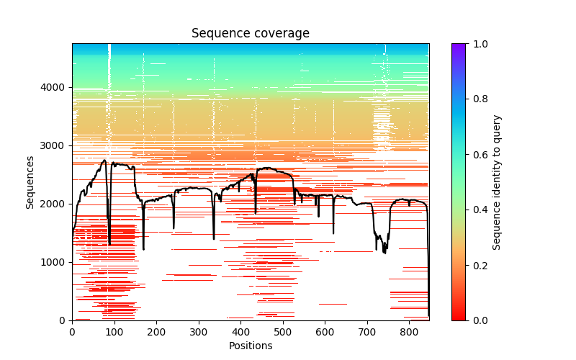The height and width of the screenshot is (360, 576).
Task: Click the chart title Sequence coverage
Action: click(250, 34)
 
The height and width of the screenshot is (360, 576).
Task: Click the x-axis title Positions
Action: click(250, 346)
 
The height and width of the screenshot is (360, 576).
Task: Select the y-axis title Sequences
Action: click(30, 181)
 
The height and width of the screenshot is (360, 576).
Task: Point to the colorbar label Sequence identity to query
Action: click(497, 181)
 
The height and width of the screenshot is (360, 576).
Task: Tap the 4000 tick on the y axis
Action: click(58, 87)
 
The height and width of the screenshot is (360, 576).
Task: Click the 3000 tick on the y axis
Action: click(58, 145)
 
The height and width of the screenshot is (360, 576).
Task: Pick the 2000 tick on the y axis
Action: click(58, 204)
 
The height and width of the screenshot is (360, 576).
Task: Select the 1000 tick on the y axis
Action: click(58, 262)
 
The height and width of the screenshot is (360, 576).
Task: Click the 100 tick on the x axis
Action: click(114, 332)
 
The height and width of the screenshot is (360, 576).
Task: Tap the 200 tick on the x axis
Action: click(156, 332)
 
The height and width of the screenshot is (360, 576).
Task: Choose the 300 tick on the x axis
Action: click(198, 332)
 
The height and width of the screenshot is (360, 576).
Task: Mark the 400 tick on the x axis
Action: click(240, 332)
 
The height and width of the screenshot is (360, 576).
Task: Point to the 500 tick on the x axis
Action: click(282, 332)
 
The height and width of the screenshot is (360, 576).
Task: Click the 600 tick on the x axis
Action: click(325, 332)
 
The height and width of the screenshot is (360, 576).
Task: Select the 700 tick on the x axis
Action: click(366, 332)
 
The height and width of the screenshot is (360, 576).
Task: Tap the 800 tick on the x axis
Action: click(409, 332)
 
